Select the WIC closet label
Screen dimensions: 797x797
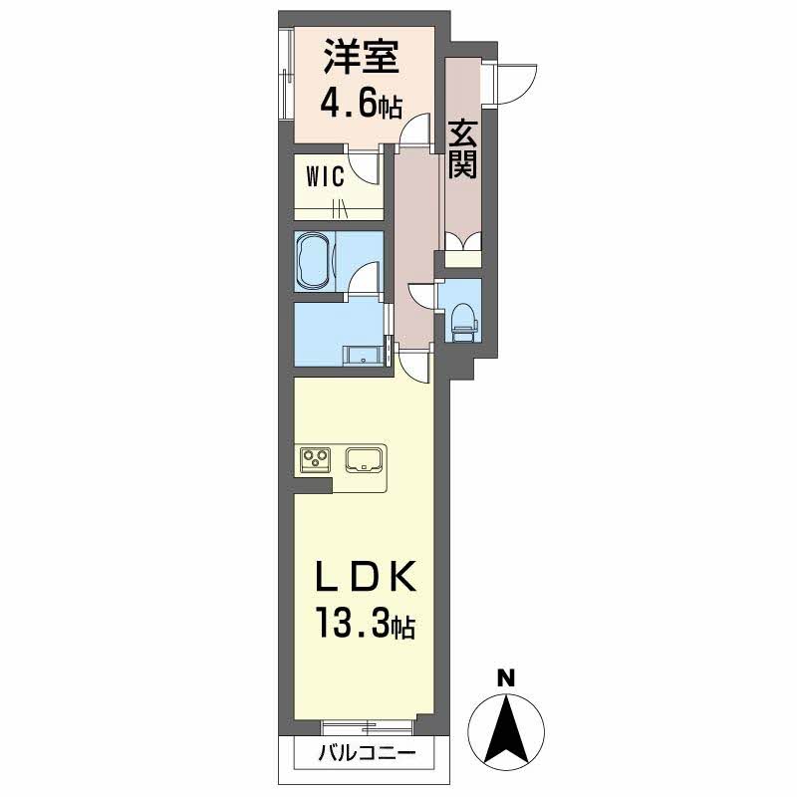tap(325, 178)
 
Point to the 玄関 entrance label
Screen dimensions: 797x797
tap(461, 149)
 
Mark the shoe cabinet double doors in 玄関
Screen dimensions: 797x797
tap(463, 242)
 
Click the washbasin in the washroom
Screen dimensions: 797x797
tap(360, 354)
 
